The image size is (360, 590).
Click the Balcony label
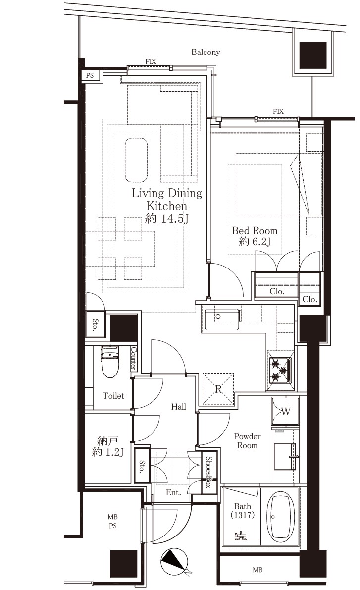[206, 52]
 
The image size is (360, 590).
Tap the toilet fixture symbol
[110, 362]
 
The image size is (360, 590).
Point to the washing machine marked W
[286, 411]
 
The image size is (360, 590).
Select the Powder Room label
[247, 441]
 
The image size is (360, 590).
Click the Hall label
[179, 407]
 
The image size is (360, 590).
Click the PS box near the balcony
[90, 76]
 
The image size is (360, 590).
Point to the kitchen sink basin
[221, 319]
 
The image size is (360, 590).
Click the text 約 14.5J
[167, 218]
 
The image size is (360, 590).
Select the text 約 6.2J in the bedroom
[255, 242]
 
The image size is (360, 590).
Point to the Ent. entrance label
[173, 492]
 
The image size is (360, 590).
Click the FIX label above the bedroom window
[278, 112]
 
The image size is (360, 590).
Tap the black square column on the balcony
[313, 55]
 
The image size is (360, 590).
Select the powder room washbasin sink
[285, 456]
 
